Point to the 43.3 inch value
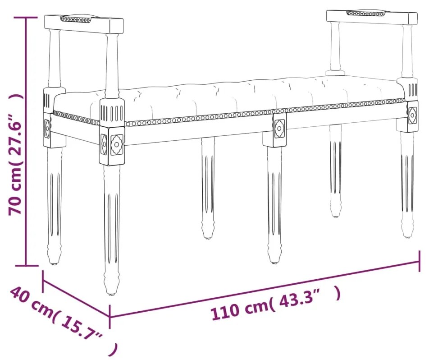pyautogui.click(x=304, y=298)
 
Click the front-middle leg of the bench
pyautogui.click(x=274, y=203)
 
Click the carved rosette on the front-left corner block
pyautogui.click(x=117, y=144)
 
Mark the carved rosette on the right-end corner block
pyautogui.click(x=412, y=115)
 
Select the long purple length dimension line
pyautogui.click(x=266, y=289)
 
